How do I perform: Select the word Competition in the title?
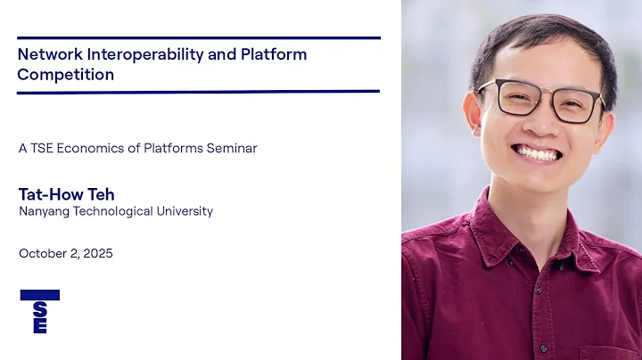(x=65, y=75)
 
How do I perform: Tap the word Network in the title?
(x=46, y=54)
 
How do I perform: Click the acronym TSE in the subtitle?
(x=41, y=149)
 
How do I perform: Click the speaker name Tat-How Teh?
(x=66, y=194)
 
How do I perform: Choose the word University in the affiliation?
(x=183, y=211)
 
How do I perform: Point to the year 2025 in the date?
(x=96, y=254)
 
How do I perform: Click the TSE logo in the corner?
(x=39, y=311)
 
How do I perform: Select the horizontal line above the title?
(x=198, y=37)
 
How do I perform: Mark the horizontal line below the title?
(x=198, y=91)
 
